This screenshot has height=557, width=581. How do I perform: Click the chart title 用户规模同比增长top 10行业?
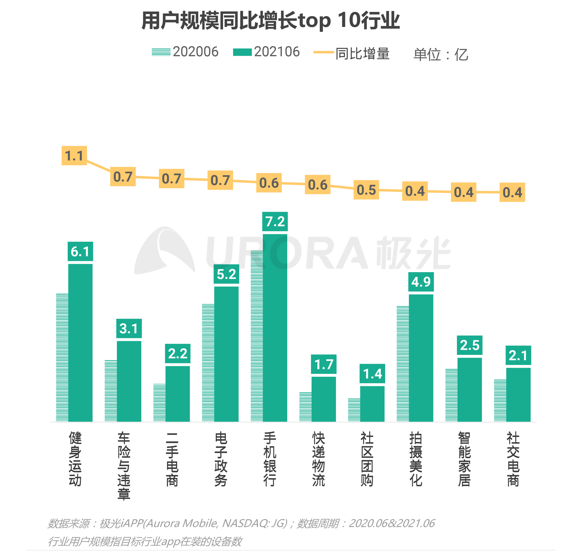coord(270,21)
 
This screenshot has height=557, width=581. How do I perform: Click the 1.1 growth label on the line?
coord(74,156)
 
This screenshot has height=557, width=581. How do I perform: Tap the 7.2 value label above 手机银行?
coord(275,221)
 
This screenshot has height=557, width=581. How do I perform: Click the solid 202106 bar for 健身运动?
coord(80,342)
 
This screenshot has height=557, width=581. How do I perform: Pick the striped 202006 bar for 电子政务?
coord(208,362)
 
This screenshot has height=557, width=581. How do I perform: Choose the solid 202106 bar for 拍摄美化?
coord(421,358)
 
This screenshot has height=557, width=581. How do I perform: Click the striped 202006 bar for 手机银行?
coord(257,336)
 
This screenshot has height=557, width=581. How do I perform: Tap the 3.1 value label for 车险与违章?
coord(129,328)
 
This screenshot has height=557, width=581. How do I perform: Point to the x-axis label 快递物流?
coord(318,459)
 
